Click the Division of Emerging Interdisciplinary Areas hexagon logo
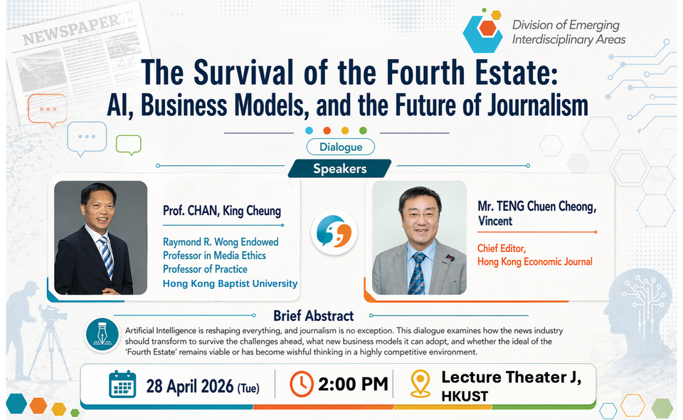[482, 31]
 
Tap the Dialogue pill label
[341, 147]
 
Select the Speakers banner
[340, 169]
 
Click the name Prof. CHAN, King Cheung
[222, 211]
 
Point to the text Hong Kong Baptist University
[230, 283]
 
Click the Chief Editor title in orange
[502, 248]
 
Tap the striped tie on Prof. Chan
[106, 256]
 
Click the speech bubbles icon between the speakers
[334, 232]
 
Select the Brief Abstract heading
[314, 315]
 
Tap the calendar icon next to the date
[122, 384]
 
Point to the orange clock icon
[302, 384]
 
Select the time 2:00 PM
[353, 384]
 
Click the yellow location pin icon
[420, 384]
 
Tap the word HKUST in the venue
[465, 396]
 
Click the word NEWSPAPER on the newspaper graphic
[71, 29]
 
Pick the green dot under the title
[363, 130]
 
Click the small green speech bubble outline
[129, 145]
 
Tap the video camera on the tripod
[52, 313]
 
